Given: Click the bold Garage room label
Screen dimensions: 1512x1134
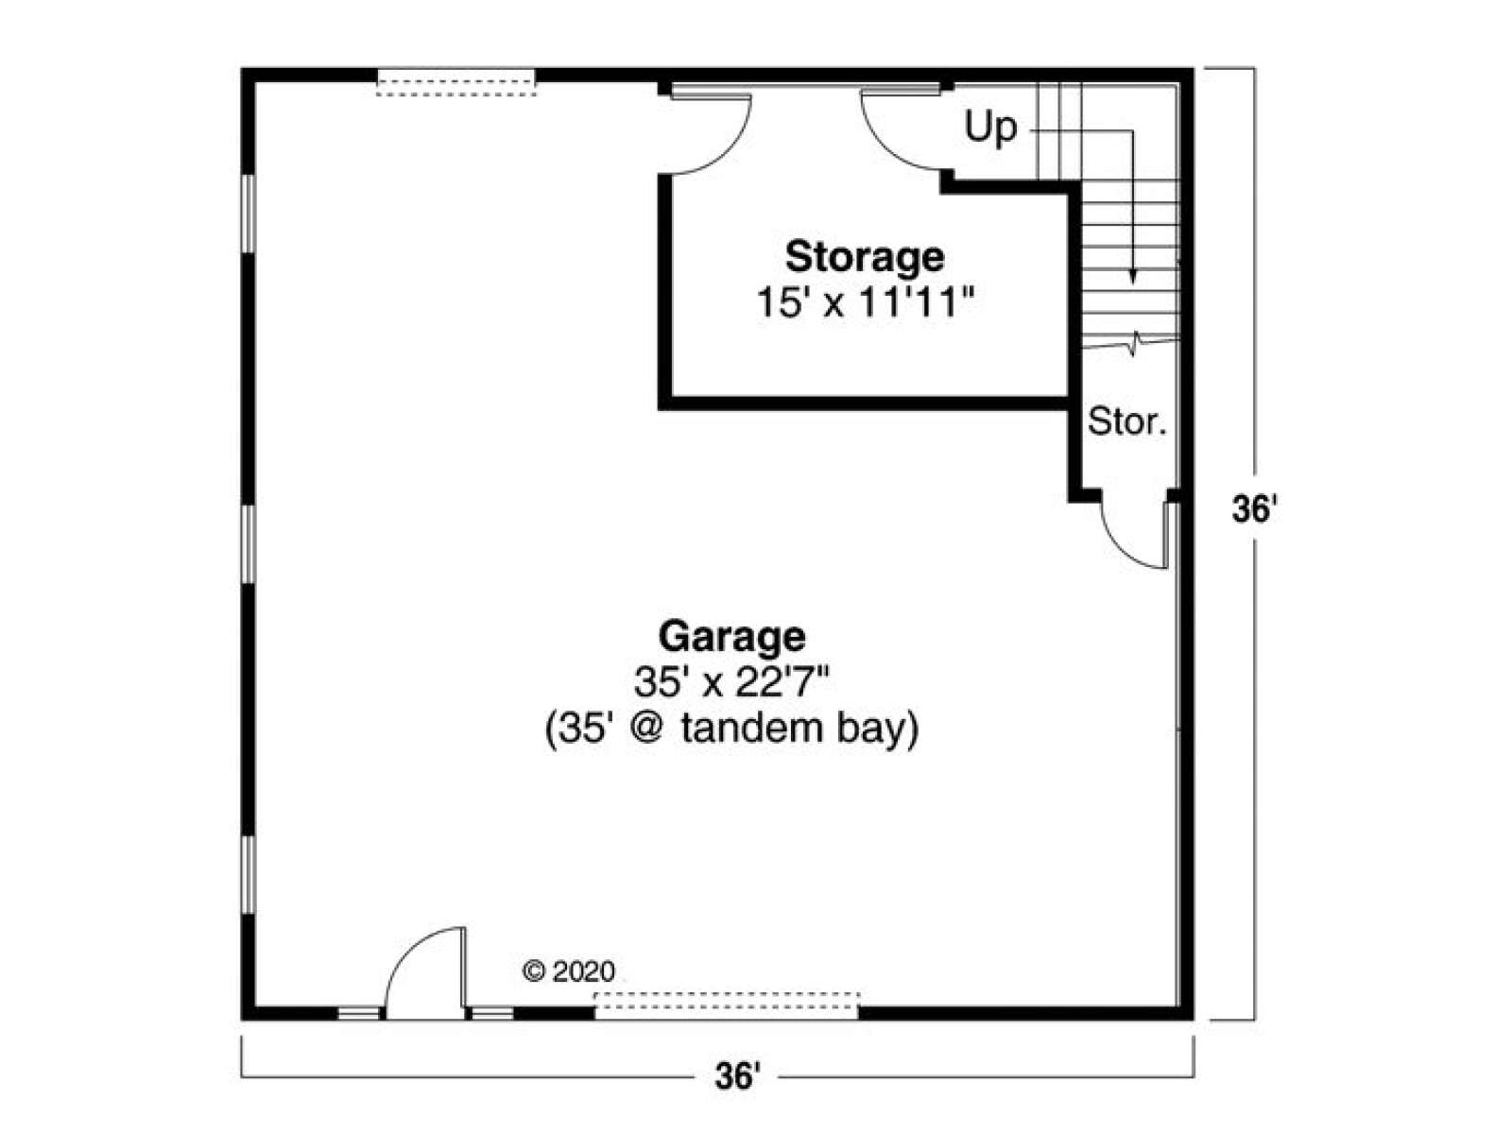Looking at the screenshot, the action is (x=731, y=638).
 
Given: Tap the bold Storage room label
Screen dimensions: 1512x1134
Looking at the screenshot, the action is (x=865, y=257).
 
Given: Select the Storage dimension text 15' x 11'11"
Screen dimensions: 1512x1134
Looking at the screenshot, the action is (x=866, y=302).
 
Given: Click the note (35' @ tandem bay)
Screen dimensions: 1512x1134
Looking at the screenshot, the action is (x=731, y=730).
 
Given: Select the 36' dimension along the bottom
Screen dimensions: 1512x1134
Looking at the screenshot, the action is (x=737, y=1076).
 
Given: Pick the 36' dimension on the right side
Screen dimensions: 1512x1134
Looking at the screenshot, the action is (x=1254, y=510).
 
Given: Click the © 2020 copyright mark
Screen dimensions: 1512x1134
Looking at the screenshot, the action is (x=568, y=971).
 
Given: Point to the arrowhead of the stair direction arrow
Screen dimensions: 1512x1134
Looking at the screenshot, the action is (x=1132, y=277).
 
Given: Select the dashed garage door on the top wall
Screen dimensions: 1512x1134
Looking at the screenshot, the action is (x=456, y=82).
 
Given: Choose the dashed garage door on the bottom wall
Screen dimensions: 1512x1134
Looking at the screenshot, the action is (x=727, y=1005).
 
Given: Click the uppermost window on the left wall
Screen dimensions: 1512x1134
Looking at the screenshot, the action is (x=249, y=214).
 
